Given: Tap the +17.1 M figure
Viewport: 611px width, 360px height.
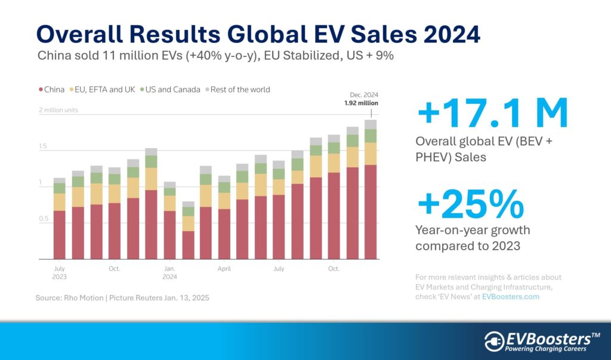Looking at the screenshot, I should [493, 116].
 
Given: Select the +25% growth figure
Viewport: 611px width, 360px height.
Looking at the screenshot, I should [471, 205].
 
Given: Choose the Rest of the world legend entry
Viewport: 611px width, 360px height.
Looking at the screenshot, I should [237, 90].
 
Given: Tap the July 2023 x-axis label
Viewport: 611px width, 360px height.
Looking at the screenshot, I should [59, 272].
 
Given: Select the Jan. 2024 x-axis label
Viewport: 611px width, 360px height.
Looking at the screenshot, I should [170, 272].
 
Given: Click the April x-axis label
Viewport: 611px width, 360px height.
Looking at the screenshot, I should [224, 269].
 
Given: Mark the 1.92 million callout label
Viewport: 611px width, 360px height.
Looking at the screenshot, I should [361, 103].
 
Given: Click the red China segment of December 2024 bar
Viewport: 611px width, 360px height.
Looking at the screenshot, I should [371, 212].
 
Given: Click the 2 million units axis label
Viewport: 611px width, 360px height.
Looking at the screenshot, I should [58, 110].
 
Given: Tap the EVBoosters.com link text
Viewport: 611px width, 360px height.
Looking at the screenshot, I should [510, 297].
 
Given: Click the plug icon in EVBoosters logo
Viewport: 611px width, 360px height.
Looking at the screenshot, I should [495, 340].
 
